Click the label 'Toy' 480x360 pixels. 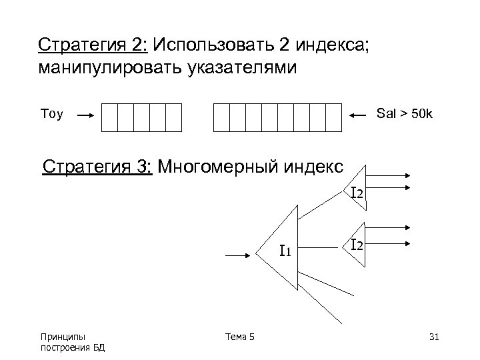click(51, 115)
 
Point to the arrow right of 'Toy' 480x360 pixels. click(85, 115)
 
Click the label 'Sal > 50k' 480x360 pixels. click(405, 114)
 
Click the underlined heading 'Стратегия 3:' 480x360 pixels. click(97, 166)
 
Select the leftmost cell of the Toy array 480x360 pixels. click(109, 117)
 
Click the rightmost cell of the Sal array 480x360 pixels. click(334, 117)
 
